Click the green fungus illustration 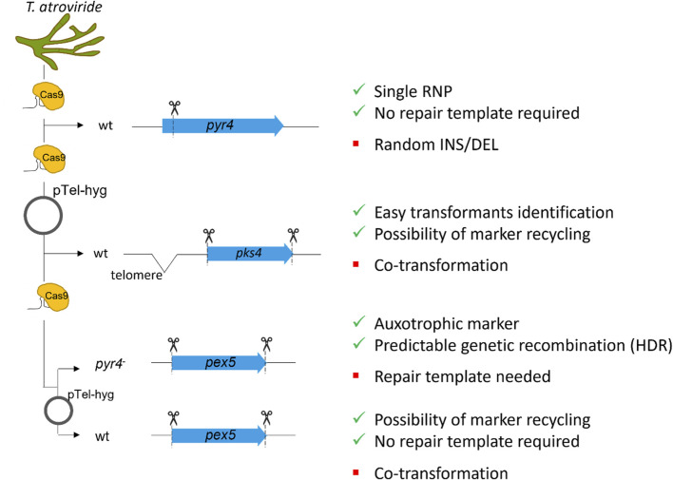[59, 42]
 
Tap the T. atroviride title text [64, 7]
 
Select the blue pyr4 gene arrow [222, 125]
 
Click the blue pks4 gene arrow [250, 254]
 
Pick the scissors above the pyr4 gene [174, 107]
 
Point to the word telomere [137, 275]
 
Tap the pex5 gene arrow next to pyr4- [219, 363]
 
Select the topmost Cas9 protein [48, 96]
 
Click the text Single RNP [413, 91]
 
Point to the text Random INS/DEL [436, 144]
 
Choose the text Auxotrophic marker [447, 324]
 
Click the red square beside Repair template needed [356, 375]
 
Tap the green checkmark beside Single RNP [358, 89]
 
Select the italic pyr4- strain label [110, 364]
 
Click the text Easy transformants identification [493, 213]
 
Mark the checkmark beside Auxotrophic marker [358, 321]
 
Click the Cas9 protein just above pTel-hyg [50, 159]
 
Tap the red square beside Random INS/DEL [356, 144]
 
